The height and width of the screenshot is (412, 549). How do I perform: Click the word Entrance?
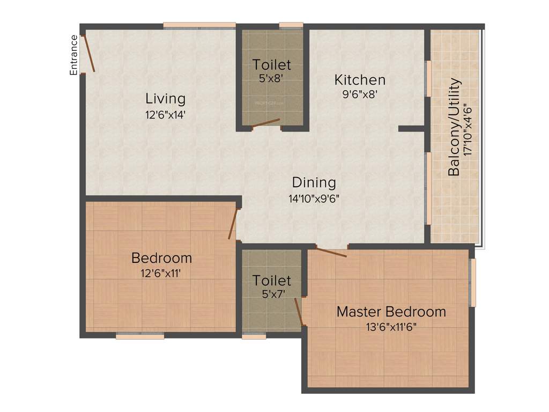point(74,55)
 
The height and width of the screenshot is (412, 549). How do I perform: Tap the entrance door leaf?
point(89,53)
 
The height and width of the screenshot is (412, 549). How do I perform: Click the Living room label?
point(166,99)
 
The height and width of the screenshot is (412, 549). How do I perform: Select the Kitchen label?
point(360,80)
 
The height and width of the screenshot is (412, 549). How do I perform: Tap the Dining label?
point(314,182)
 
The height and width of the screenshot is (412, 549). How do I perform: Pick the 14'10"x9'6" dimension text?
point(314,198)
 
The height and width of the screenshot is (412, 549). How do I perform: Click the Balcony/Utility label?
point(455,127)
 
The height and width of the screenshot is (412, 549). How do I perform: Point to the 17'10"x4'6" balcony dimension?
point(470,129)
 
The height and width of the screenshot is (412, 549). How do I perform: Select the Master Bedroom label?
point(391,312)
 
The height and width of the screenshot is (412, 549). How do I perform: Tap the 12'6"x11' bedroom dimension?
point(161,273)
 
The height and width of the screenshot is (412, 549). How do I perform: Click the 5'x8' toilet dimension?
point(272,77)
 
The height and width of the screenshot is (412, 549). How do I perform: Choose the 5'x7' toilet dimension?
point(272,294)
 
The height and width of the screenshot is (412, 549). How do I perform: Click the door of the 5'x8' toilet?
point(266,124)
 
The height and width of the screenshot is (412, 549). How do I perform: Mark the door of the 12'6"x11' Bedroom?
point(233,224)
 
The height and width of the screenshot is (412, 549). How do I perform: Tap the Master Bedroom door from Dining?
point(331,251)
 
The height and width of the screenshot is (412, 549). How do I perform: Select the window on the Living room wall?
point(199,25)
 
